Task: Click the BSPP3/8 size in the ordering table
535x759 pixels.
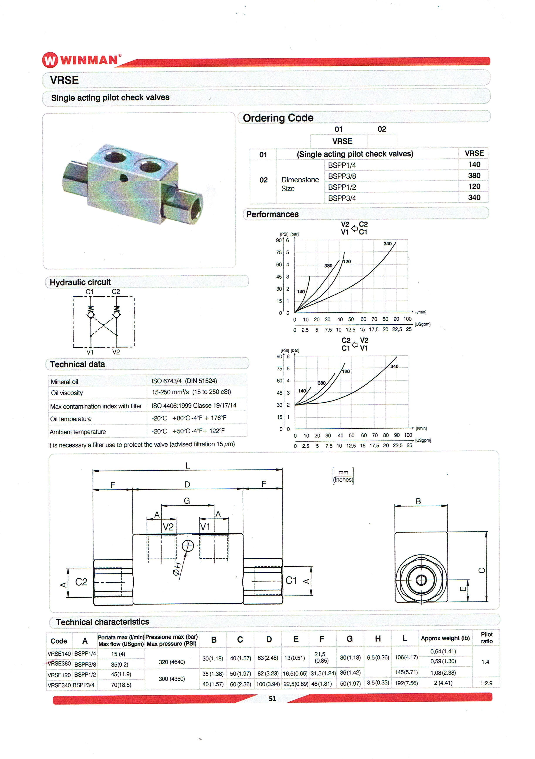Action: click(x=342, y=176)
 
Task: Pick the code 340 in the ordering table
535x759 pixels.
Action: click(x=474, y=197)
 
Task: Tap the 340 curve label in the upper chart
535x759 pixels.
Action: click(x=387, y=244)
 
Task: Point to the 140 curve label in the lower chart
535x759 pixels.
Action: click(x=302, y=391)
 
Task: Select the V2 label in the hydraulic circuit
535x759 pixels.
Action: click(x=116, y=352)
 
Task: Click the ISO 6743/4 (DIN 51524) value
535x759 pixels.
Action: click(x=184, y=381)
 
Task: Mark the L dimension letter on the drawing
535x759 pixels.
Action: click(x=187, y=466)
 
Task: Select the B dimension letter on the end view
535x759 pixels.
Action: click(x=418, y=501)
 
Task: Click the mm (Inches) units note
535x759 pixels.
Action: click(x=343, y=476)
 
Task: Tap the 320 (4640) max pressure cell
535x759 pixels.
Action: click(x=171, y=662)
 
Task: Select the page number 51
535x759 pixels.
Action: click(x=272, y=698)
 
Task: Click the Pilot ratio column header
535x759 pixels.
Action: click(x=486, y=638)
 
